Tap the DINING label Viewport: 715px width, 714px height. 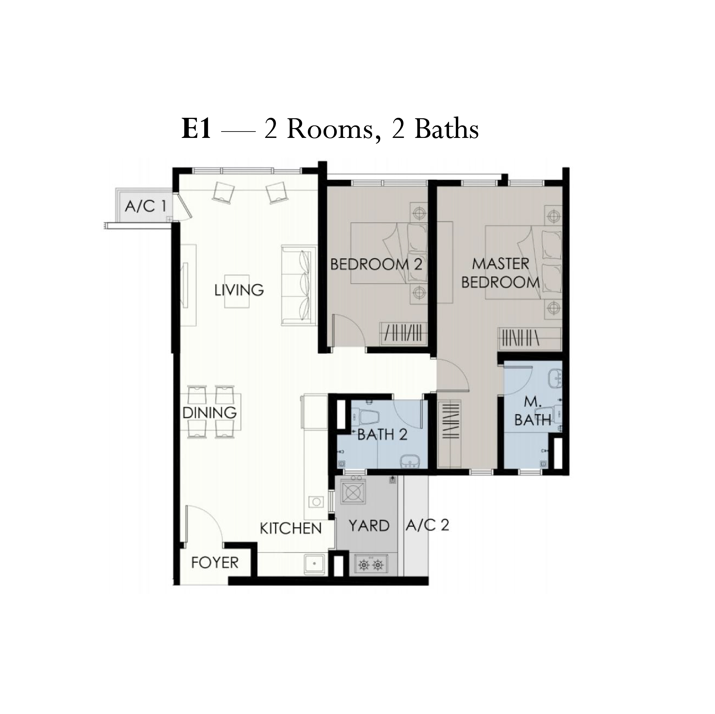click(x=210, y=413)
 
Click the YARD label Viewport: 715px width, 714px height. click(x=369, y=525)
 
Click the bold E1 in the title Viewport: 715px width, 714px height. click(x=196, y=129)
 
